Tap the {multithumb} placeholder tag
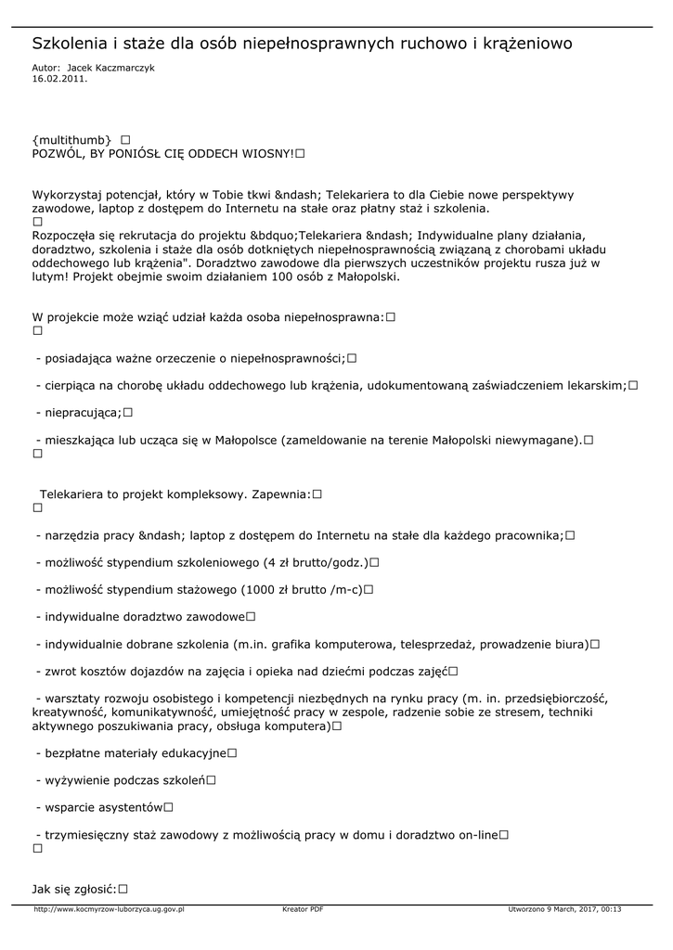72,139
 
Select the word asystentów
128,807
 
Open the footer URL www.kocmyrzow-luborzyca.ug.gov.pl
109,910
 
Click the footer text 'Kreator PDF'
303,910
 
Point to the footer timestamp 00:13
612,910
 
